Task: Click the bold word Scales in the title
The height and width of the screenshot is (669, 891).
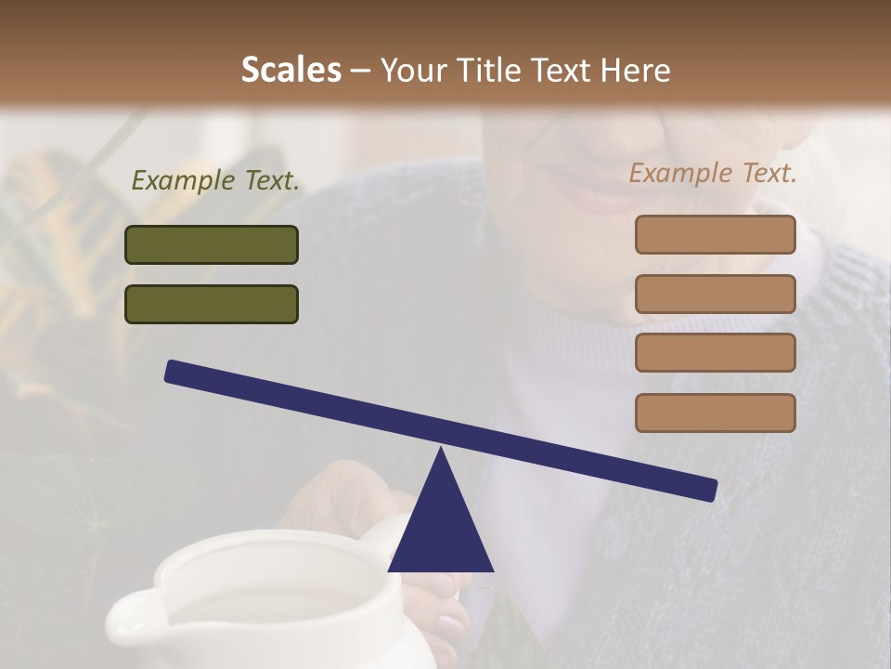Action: click(291, 70)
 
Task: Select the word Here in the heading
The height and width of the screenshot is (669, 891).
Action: click(636, 70)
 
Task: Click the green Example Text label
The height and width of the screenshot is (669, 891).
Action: click(215, 181)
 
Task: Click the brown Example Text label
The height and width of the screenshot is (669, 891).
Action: click(713, 173)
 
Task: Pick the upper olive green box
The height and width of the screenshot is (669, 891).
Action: click(212, 244)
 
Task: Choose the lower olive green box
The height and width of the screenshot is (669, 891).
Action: click(212, 304)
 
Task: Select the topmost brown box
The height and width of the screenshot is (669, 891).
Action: click(715, 234)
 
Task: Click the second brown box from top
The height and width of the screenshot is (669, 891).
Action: click(715, 294)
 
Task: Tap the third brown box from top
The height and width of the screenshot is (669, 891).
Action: click(715, 353)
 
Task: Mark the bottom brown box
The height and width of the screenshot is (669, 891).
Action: click(715, 413)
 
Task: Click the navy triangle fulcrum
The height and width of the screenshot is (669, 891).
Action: click(441, 530)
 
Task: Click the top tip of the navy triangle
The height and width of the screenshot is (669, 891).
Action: click(441, 451)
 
